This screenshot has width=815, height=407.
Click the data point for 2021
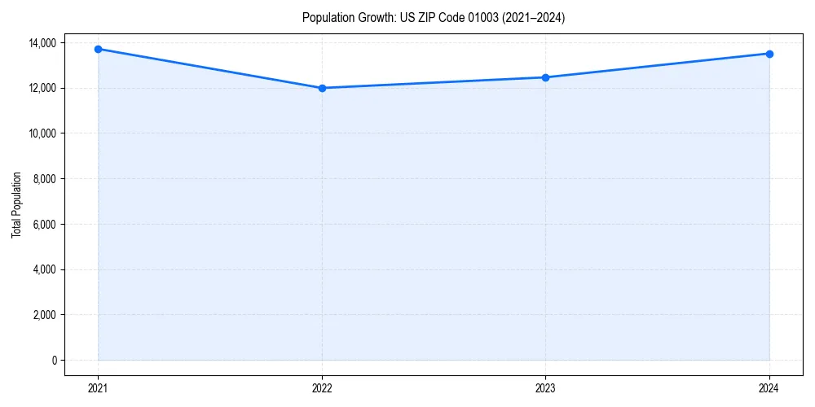coord(98,49)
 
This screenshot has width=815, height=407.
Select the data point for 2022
coord(322,88)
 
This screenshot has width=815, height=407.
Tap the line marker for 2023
coord(545,77)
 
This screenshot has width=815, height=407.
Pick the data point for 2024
coord(769,54)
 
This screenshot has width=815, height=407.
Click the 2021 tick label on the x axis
coord(98,387)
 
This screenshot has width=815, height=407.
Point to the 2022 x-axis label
coord(322,387)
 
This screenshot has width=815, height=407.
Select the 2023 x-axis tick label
coord(545,387)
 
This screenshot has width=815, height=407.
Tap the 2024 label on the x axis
coord(769,387)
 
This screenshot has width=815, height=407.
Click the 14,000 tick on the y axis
coord(42,42)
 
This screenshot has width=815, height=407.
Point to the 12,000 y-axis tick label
coord(42,88)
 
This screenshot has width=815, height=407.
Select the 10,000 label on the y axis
coord(42,133)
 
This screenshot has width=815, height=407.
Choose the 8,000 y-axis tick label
coord(45,178)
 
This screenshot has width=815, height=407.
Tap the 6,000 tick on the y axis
coord(45,224)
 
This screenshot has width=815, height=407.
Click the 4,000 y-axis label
coord(45,269)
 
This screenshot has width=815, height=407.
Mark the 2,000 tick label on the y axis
coord(45,315)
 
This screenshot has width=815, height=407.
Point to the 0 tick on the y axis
coord(54,361)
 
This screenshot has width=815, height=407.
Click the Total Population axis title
coord(16,204)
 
